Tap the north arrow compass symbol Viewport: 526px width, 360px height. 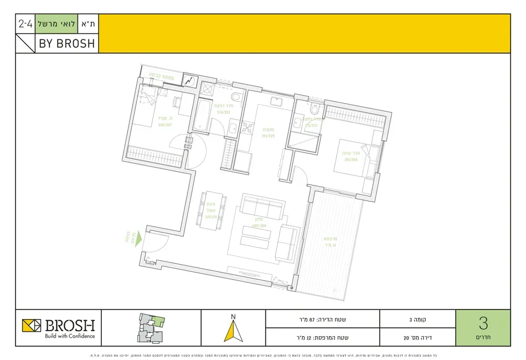[x=233, y=330]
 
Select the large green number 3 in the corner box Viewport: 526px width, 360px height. [x=482, y=323]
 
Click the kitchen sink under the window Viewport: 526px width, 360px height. [x=276, y=103]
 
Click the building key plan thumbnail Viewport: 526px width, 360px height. [x=149, y=327]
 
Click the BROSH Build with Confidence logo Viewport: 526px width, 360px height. [x=58, y=327]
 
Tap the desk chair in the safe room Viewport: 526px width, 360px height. [x=177, y=103]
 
